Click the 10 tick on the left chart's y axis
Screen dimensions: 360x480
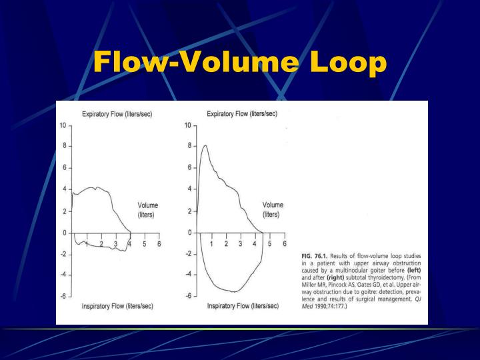[x=62, y=125]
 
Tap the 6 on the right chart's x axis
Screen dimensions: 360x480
[x=285, y=244]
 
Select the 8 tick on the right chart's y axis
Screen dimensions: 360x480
[x=189, y=146]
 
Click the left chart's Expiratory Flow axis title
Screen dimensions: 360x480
[x=117, y=114]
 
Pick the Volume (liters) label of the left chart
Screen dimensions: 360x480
[x=148, y=210]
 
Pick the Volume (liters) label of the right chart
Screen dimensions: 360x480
[x=273, y=210]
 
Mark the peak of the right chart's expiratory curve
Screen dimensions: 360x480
[x=205, y=145]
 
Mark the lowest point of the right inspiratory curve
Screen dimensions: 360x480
[x=234, y=292]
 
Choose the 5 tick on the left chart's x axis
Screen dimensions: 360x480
[x=145, y=244]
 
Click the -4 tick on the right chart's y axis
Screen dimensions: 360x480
[x=189, y=275]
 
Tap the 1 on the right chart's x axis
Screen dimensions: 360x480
[x=211, y=244]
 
